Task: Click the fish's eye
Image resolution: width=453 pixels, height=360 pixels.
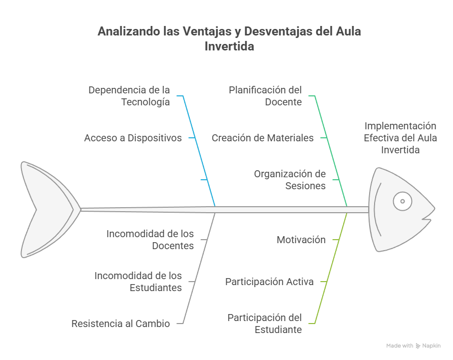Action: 403,201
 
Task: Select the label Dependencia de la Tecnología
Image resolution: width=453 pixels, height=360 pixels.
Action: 129,96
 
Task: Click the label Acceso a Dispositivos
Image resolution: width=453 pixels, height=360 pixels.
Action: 133,138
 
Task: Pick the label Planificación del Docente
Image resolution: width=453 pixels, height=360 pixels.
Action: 265,96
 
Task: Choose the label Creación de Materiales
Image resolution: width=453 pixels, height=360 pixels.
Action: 263,138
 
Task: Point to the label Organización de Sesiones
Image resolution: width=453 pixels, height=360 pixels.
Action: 290,180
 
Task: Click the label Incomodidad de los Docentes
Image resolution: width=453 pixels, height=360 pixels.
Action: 150,240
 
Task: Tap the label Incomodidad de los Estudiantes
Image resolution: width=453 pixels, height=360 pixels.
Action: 138,282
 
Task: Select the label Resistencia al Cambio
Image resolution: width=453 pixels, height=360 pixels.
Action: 120,324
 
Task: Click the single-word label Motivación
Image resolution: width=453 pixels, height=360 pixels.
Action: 301,240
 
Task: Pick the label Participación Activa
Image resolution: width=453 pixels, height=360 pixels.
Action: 269,282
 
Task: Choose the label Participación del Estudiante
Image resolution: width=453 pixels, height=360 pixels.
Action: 265,324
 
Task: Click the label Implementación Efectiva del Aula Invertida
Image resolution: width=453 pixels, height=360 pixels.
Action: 400,138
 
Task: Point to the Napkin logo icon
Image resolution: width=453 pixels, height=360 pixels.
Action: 418,346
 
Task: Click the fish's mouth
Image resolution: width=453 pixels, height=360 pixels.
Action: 428,218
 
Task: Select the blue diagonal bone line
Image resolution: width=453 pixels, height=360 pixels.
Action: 199,151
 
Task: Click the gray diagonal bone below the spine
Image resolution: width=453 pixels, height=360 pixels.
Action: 199,268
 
